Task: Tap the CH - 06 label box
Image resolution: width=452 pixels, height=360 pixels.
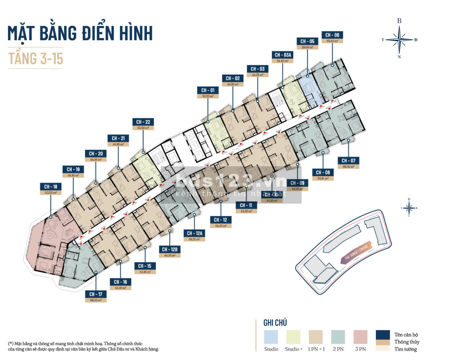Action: click(333, 35)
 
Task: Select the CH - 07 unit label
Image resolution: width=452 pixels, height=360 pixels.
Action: click(348, 161)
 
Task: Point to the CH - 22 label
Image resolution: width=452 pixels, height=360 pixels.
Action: click(143, 122)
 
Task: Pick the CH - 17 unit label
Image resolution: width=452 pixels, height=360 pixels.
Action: click(96, 294)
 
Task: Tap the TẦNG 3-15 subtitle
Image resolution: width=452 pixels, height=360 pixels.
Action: click(36, 58)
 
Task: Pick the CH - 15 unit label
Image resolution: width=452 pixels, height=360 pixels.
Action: click(145, 266)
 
